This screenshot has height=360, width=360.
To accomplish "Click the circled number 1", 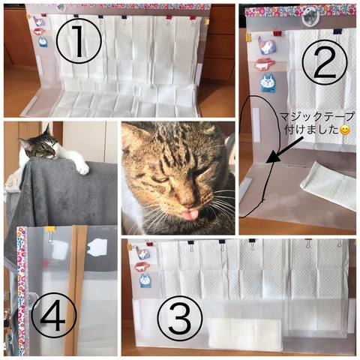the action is tap(79, 41).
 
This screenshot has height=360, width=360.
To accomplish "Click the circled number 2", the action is tap(325, 61).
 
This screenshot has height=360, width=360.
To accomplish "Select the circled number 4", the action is tap(53, 315).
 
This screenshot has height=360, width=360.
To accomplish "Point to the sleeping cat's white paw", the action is tap(82, 168).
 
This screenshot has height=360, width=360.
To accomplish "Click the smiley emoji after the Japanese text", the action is tap(345, 130).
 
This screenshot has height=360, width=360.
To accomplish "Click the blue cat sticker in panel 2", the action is tap(268, 83).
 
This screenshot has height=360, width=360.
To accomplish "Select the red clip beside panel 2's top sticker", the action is tap(276, 32).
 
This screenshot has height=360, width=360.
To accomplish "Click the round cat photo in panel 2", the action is tap(310, 16).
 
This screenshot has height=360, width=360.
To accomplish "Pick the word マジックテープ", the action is tap(316, 116).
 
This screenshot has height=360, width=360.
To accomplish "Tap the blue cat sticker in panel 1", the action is tap(43, 42).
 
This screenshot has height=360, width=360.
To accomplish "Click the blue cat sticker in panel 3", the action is tap(145, 280).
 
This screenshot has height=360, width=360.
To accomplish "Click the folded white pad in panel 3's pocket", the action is tap(244, 334).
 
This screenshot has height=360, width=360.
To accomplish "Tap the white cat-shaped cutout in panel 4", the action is tap(97, 247).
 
